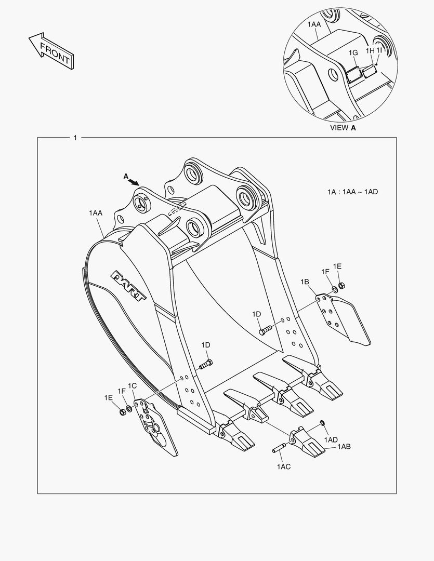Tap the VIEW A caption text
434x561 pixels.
tap(343, 127)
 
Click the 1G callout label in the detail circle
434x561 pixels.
tap(353, 53)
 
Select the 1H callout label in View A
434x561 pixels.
tap(370, 50)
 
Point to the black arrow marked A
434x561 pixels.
tap(134, 182)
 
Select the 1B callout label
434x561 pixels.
tap(305, 282)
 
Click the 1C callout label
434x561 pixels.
tap(132, 385)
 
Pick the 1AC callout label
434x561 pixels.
tap(283, 467)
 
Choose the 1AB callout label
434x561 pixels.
tap(344, 446)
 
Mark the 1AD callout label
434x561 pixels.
tap(331, 440)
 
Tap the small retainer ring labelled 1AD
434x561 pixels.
tap(322, 424)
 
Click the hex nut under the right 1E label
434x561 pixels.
tap(341, 285)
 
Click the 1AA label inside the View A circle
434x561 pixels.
tap(314, 24)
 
